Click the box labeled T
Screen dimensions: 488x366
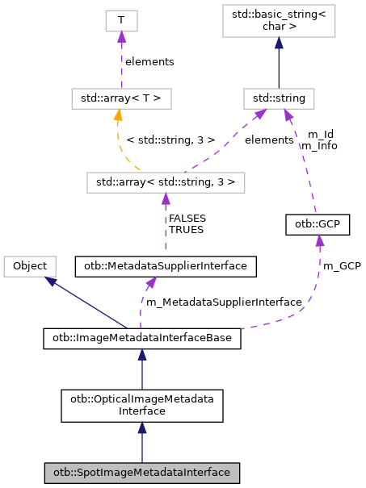[x=120, y=22]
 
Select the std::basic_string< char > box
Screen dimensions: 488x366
[x=279, y=22]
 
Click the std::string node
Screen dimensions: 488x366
[x=279, y=99]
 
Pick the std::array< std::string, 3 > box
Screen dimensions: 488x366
[x=166, y=181]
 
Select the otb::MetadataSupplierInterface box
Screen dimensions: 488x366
[x=166, y=265]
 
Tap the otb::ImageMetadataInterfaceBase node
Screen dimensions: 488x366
[x=142, y=339]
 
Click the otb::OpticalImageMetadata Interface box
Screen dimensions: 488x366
[x=142, y=405]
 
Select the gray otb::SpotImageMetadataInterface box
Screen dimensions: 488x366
[x=142, y=472]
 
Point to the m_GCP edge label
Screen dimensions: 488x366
[x=342, y=265]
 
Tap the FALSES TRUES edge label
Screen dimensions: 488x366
[x=186, y=223]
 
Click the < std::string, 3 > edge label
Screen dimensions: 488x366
[x=170, y=140]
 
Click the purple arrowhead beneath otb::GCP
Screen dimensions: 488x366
[x=320, y=241]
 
